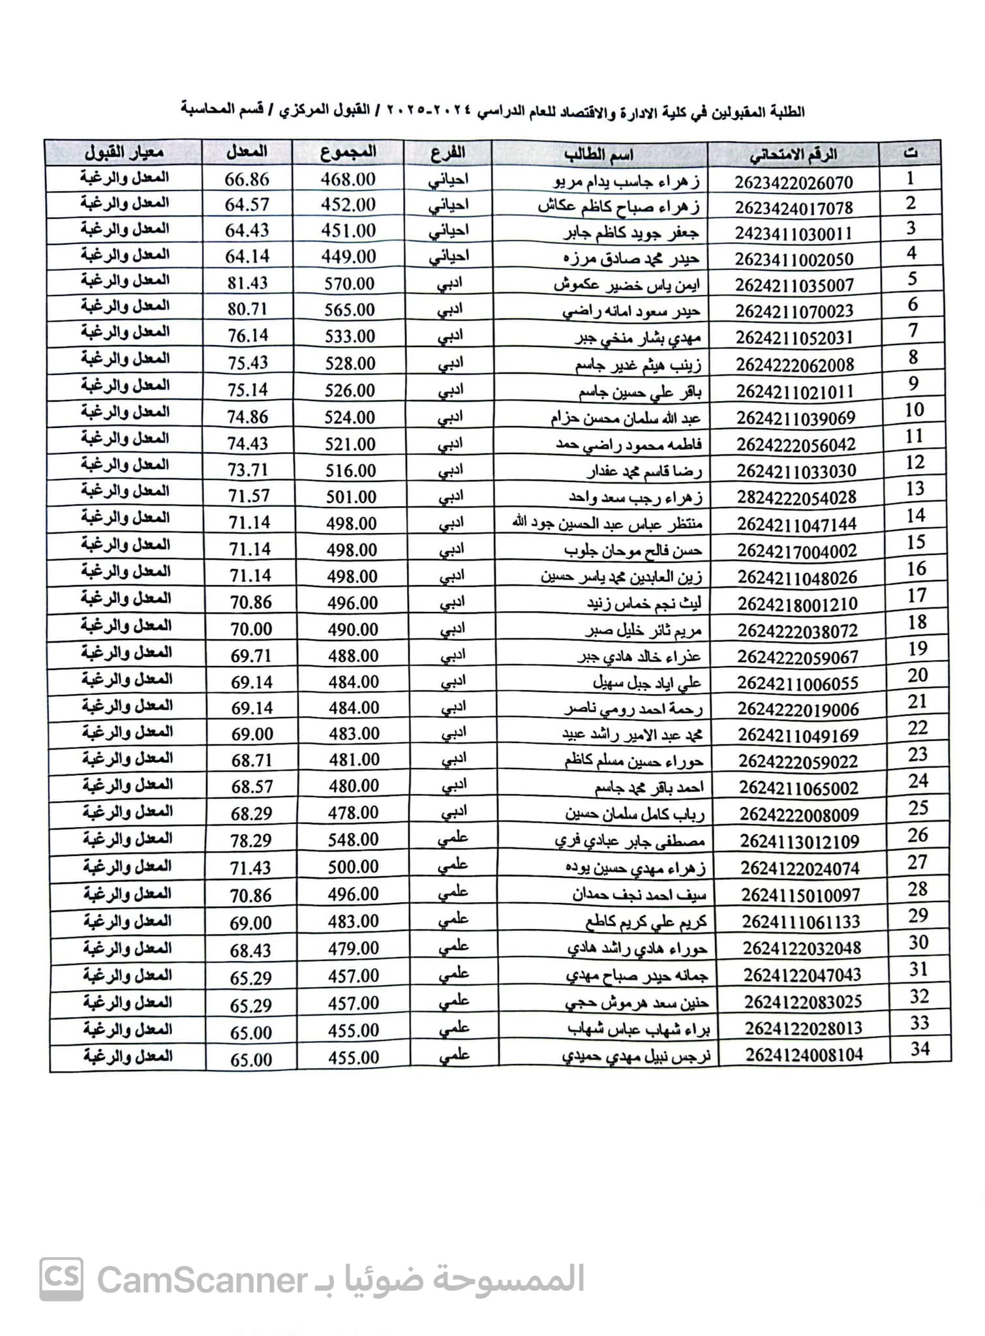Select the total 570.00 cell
click(x=350, y=284)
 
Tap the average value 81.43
click(x=248, y=283)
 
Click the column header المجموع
click(x=349, y=153)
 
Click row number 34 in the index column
click(x=920, y=1050)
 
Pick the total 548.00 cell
click(x=353, y=840)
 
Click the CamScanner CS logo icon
click(x=61, y=1279)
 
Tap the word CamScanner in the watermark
click(x=202, y=1280)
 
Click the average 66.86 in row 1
click(x=247, y=179)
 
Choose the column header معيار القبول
click(x=124, y=153)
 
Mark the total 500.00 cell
click(x=353, y=867)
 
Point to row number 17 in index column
click(x=917, y=596)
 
